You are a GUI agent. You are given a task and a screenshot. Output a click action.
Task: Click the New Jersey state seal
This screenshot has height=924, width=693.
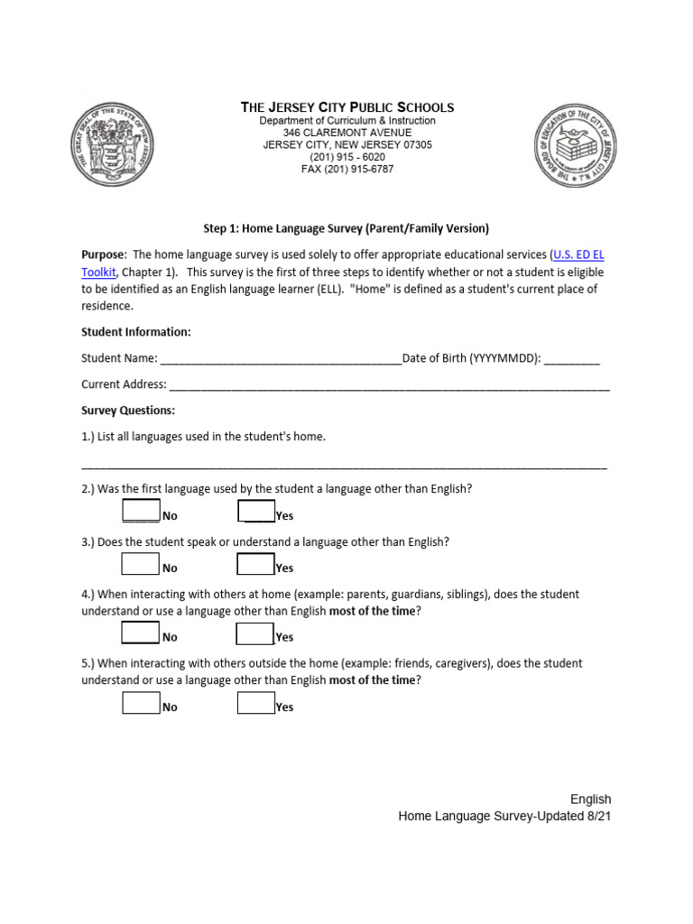tap(109, 145)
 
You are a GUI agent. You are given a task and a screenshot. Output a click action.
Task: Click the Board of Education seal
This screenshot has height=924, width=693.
tap(576, 145)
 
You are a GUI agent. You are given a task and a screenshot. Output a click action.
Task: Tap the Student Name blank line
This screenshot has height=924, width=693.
tap(281, 359)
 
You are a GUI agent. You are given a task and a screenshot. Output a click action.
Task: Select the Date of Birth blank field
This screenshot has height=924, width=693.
tap(572, 359)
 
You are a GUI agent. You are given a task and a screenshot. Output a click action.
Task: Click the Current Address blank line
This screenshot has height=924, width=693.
tap(389, 385)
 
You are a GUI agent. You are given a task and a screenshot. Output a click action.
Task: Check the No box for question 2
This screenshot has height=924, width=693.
tap(141, 511)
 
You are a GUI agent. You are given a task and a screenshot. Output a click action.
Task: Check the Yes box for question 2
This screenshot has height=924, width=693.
tap(256, 511)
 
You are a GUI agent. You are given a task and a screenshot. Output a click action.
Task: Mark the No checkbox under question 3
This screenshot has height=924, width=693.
tap(141, 564)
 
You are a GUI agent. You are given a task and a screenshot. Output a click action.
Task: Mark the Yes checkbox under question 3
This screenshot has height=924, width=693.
tap(256, 564)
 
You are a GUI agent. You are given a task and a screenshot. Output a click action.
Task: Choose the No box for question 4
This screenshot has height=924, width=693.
tap(141, 633)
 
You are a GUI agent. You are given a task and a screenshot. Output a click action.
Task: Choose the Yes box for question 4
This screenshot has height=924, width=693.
tap(255, 633)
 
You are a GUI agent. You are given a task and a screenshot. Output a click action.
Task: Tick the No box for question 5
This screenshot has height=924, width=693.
tap(141, 703)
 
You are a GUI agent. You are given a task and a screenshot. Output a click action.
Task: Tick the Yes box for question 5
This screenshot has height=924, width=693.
tap(256, 703)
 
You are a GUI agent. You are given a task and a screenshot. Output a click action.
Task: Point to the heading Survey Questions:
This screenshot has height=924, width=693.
tap(128, 411)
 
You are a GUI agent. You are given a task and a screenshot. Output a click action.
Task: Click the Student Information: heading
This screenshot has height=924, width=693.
tap(135, 332)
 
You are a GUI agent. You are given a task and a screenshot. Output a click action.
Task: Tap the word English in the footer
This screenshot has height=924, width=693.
tap(590, 799)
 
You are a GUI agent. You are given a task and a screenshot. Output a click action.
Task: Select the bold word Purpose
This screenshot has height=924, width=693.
tap(102, 255)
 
